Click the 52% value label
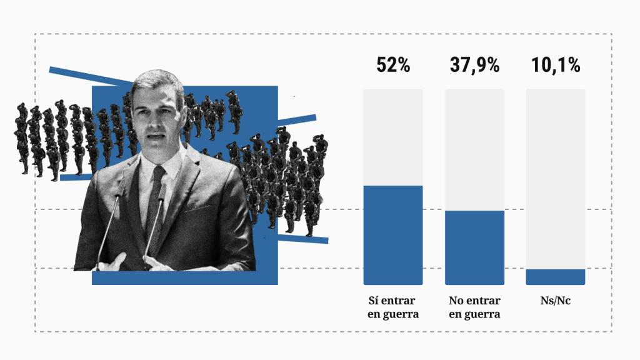pos(393,65)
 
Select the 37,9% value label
pos(474,65)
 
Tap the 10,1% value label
pos(556,65)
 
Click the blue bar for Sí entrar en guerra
pos(393,235)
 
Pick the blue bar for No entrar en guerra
pos(474,247)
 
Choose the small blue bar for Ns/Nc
pos(556,277)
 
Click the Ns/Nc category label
pos(556,301)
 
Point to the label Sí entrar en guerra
pos(393,307)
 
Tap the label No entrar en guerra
pos(474,307)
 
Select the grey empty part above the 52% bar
pos(393,137)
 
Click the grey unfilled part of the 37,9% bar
pos(474,150)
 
